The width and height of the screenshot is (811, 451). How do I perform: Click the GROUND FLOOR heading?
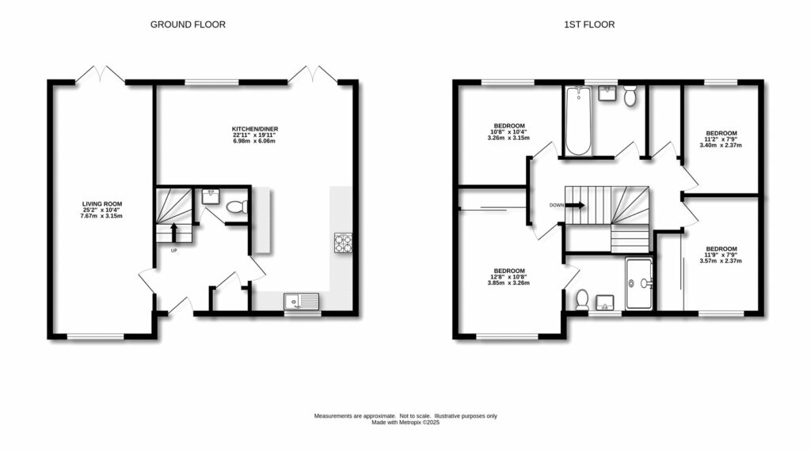(188, 25)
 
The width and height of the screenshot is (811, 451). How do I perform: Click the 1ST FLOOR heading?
(588, 25)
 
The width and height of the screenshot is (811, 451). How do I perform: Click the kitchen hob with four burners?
(343, 242)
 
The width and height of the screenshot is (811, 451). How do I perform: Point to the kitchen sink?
(301, 300)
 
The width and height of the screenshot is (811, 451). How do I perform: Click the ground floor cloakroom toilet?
(236, 207)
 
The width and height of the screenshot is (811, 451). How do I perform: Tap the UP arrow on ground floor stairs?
(174, 232)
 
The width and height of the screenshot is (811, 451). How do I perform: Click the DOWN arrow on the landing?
(576, 205)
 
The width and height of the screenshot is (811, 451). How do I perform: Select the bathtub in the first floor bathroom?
(578, 122)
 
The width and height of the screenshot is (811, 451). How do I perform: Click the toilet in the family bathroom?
(630, 97)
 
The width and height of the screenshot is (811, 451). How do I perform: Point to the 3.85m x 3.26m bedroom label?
(508, 275)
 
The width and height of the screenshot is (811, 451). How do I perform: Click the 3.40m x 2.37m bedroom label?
(721, 139)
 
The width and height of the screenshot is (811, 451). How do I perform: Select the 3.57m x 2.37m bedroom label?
(721, 254)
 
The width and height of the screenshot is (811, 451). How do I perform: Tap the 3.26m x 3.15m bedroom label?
(508, 132)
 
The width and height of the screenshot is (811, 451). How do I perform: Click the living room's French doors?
(100, 75)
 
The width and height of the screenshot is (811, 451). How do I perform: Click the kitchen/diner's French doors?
(313, 75)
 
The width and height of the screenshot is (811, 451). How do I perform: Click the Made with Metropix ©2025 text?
(405, 423)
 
